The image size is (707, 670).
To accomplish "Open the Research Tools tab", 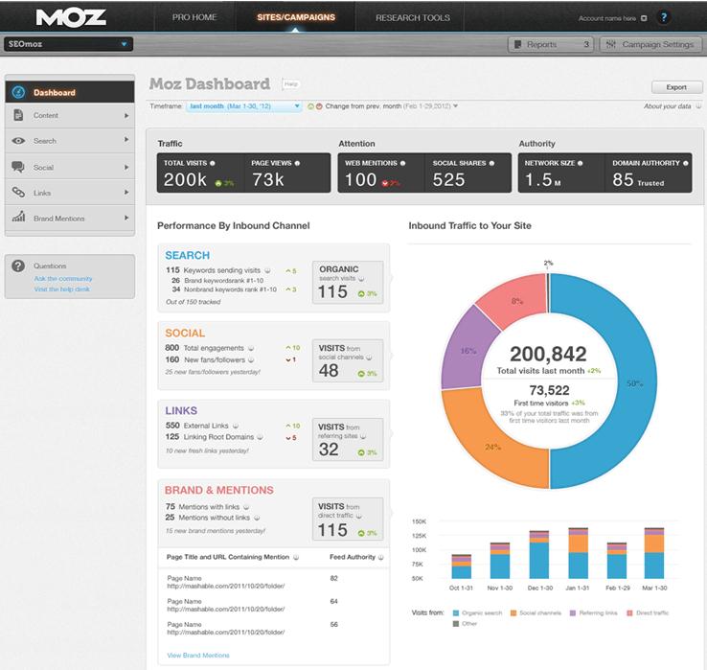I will pos(412,17).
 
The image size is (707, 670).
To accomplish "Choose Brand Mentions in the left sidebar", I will pos(59,219).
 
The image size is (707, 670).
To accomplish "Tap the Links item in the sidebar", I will pos(42,193).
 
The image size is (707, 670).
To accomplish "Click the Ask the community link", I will pos(63,278).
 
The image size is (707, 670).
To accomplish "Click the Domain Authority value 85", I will pos(623,179).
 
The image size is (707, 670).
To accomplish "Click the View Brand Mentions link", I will pos(198,655).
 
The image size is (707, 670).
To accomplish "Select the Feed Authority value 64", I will pos(334,601).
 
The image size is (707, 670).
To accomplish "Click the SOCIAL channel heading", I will pos(186,329).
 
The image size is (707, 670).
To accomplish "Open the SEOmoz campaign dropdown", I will pos(67,44).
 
